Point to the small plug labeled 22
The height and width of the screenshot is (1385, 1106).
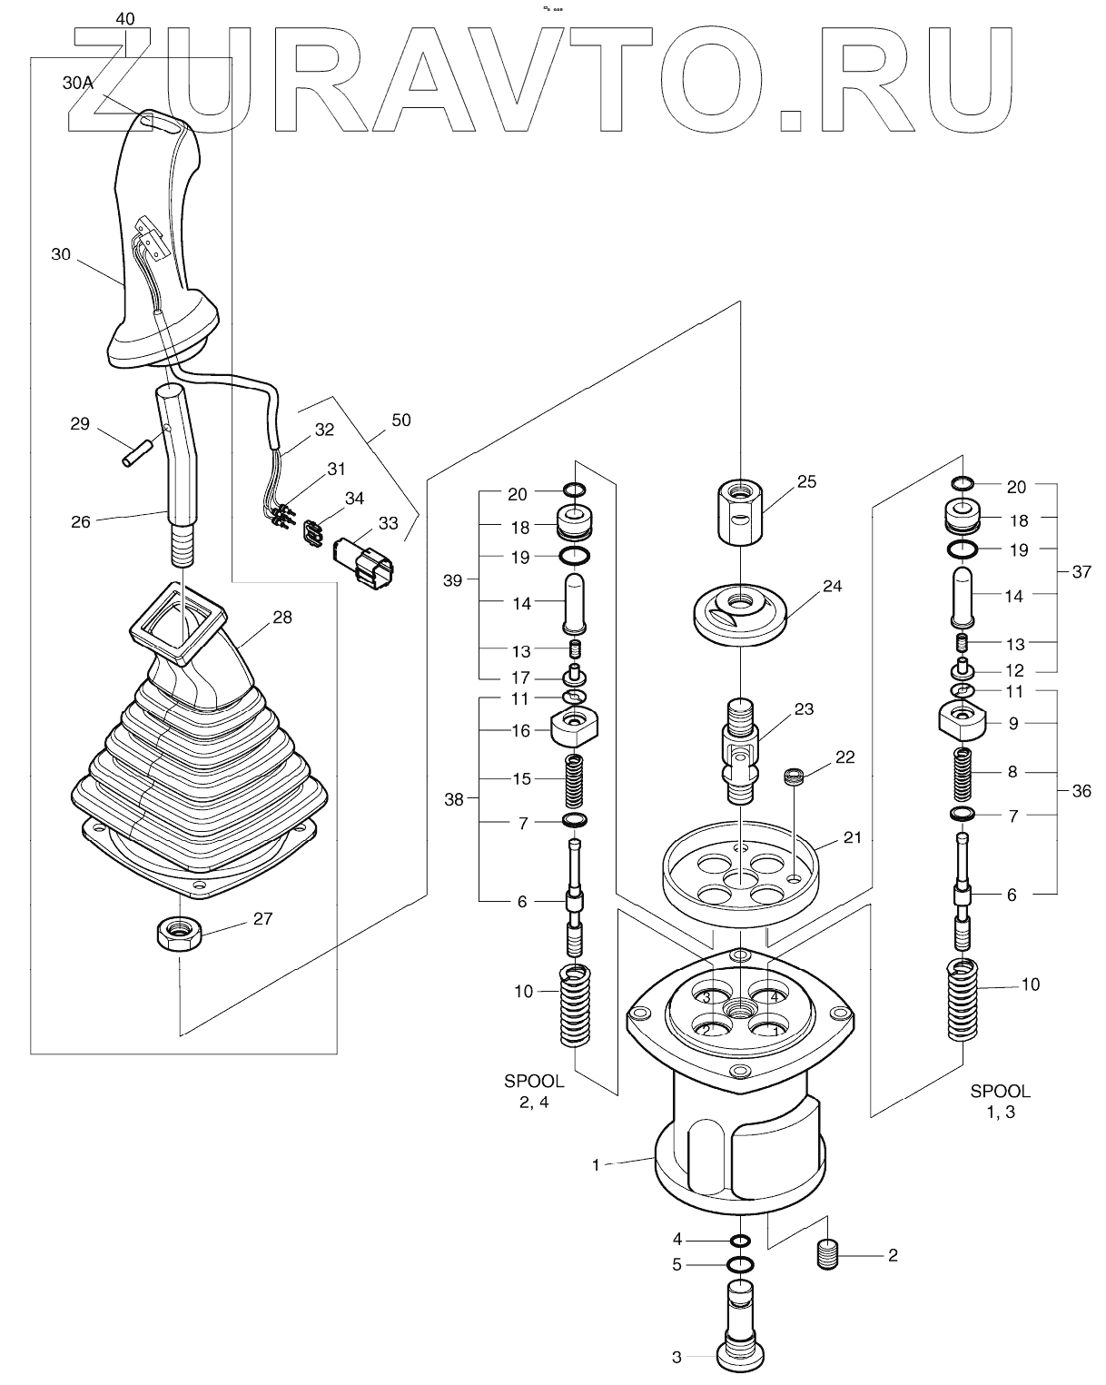795,777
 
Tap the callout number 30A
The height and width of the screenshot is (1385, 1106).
78,83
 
